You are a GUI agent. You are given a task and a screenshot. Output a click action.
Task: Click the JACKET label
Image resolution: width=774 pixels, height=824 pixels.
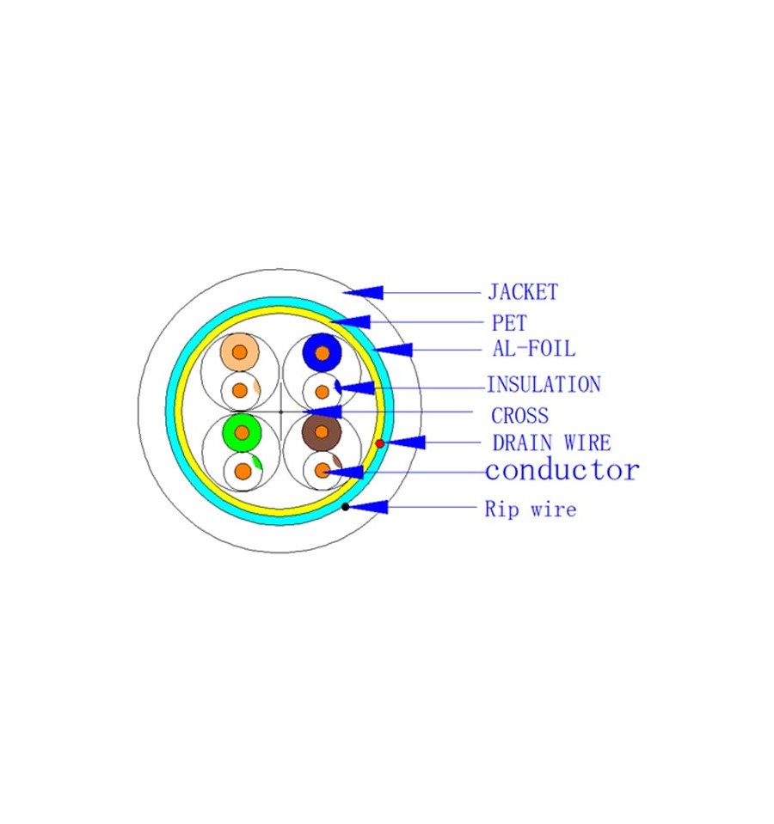point(523,292)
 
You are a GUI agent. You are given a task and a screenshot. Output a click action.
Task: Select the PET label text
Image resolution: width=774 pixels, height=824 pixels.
point(509,323)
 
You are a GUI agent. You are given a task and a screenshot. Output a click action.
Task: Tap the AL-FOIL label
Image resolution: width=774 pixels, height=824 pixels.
point(534,348)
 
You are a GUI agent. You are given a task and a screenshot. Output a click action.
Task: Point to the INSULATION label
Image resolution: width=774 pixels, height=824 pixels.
point(544,385)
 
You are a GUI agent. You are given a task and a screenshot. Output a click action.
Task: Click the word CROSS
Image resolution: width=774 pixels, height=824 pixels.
point(519,416)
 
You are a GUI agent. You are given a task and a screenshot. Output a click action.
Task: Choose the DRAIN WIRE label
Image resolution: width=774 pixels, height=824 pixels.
point(551,443)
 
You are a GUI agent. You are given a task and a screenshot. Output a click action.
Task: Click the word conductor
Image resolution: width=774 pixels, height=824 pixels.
point(562,470)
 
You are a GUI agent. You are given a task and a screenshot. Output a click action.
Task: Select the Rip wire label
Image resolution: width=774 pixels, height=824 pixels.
point(531,509)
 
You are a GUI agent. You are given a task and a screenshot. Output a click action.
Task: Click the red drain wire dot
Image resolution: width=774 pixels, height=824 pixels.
point(379,444)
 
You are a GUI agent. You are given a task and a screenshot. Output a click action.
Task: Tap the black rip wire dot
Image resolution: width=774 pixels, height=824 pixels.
point(345,507)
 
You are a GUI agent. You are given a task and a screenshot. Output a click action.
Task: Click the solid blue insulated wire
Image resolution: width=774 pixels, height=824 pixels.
point(322,352)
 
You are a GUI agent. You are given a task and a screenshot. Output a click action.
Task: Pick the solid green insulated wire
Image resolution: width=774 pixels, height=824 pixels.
point(242,432)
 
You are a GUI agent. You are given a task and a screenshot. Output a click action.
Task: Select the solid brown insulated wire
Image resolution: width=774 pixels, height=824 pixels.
point(322,432)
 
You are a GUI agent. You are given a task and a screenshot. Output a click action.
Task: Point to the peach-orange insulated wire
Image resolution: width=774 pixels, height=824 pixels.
point(240,352)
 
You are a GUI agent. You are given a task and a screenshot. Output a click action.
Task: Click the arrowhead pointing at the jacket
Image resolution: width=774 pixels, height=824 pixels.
point(362,292)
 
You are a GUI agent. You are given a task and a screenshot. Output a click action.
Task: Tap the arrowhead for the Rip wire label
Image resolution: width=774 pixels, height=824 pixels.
point(367,507)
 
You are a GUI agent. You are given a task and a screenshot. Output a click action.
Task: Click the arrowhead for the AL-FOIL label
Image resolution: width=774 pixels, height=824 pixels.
point(392,350)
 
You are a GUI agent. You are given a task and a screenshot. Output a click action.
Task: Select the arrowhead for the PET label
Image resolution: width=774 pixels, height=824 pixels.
point(350,321)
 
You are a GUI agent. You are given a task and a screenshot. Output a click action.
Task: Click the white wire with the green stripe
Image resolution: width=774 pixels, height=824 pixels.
point(243,472)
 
